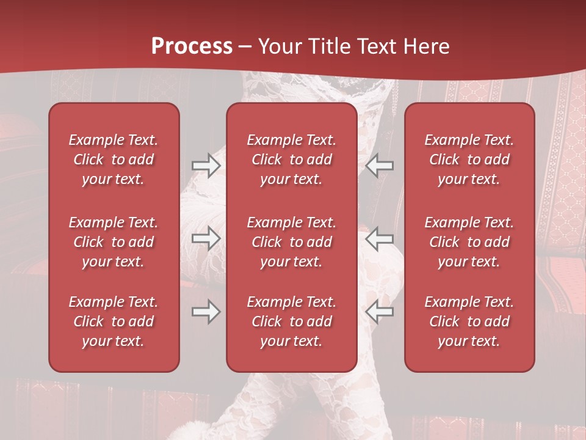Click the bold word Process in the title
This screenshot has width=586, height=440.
click(192, 46)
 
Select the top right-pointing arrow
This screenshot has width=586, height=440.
click(206, 166)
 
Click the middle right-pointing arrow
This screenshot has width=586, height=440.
click(206, 238)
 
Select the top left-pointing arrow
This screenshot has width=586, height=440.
click(380, 166)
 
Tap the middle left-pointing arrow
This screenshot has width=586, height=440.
click(380, 238)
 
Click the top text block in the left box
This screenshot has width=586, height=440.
click(114, 159)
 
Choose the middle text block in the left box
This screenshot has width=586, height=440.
click(114, 242)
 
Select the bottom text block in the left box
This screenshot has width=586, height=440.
click(114, 321)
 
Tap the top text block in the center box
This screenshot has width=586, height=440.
click(292, 159)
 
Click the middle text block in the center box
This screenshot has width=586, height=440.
click(292, 242)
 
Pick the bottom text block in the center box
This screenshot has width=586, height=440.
click(292, 321)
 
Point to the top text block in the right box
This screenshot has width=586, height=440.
click(469, 159)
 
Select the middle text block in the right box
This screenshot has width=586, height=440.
click(469, 242)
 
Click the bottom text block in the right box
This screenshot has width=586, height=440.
click(469, 321)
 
